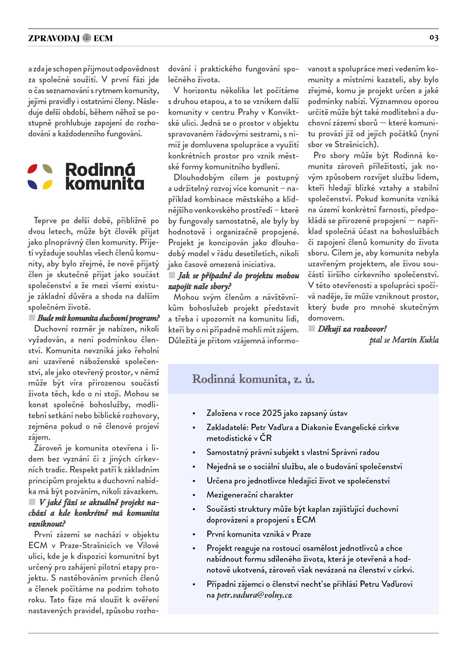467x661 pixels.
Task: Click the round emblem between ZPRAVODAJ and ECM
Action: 87,38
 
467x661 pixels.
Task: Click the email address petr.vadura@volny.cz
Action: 254,595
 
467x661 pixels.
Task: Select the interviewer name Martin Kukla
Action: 415,340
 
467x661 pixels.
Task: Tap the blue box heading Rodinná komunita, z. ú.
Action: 253,379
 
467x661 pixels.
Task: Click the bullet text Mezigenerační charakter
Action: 250,495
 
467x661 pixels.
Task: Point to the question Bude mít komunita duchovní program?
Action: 98,318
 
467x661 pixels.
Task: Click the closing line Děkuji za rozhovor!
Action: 352,329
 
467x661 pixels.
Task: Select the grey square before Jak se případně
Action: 172,275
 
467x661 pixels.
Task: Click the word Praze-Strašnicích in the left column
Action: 90,545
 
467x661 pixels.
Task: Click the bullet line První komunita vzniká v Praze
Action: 258,534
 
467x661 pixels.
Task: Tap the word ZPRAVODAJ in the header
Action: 54,38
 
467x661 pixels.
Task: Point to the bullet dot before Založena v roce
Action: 194,414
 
